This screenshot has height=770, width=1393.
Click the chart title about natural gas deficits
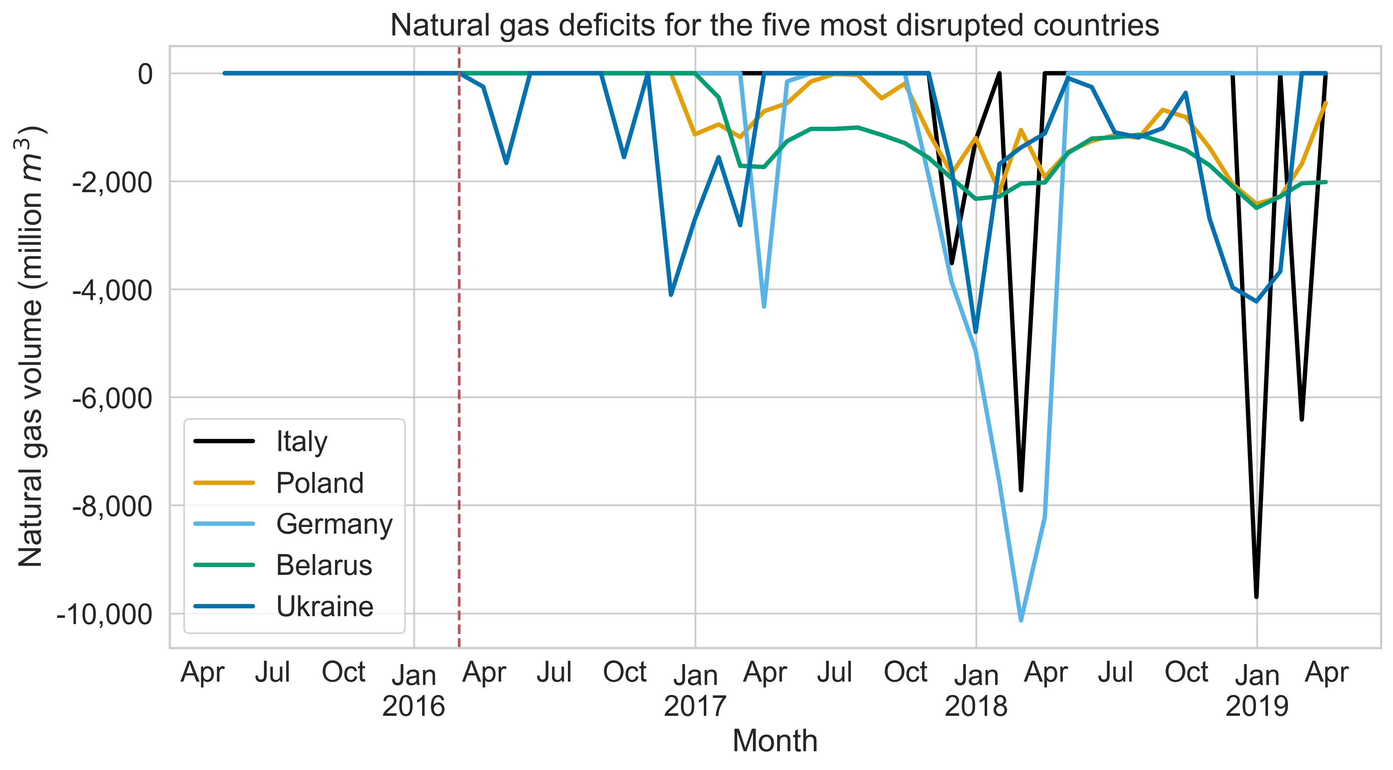pos(774,25)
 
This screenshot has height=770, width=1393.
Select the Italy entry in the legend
pos(301,441)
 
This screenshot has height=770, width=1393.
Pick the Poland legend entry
pos(320,483)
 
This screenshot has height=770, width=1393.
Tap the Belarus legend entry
pos(324,565)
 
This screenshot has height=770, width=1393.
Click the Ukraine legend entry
pos(325,607)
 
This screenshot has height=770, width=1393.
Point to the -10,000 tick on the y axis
pos(104,614)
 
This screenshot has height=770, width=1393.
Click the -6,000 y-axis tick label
pos(113,398)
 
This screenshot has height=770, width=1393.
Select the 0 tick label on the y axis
pos(145,74)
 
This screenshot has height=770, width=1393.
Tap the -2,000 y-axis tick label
pos(113,182)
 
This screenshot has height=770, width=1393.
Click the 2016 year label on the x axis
pos(414,706)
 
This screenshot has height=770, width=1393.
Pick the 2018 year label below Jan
pos(976,706)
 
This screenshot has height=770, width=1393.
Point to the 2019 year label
pos(1257,706)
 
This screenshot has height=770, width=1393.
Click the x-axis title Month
pos(774,741)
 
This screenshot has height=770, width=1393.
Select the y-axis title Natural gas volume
pos(31,346)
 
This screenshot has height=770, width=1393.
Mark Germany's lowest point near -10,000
pos(1021,620)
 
